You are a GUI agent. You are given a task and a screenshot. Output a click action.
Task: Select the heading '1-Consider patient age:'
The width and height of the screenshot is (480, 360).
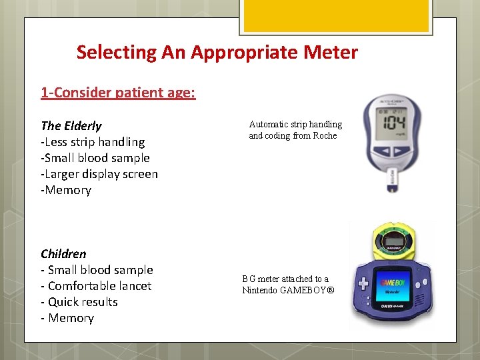coord(118,93)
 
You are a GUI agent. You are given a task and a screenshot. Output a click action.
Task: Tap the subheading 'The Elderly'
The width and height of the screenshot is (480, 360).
coord(71,126)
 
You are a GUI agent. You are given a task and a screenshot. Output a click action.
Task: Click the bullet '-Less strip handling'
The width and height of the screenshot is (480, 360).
coord(93,142)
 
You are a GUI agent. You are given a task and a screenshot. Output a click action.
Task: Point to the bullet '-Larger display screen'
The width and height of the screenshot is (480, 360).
coord(99,174)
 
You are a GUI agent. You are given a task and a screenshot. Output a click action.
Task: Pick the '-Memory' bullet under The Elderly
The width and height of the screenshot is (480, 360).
coord(66,190)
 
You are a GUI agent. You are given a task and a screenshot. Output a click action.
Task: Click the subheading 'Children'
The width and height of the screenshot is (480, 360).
coord(63,254)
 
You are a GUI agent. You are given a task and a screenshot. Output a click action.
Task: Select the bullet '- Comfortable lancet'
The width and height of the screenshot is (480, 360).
coord(96,286)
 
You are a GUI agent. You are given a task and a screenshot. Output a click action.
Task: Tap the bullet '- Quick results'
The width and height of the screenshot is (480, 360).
coord(79,302)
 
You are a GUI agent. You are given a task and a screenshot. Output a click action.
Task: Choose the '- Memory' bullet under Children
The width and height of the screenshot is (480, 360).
coord(67,318)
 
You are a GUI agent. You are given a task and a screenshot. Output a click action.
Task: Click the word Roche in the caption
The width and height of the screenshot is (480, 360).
coord(325,136)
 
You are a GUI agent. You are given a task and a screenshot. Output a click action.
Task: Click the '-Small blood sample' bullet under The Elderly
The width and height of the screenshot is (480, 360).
coord(95,158)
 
